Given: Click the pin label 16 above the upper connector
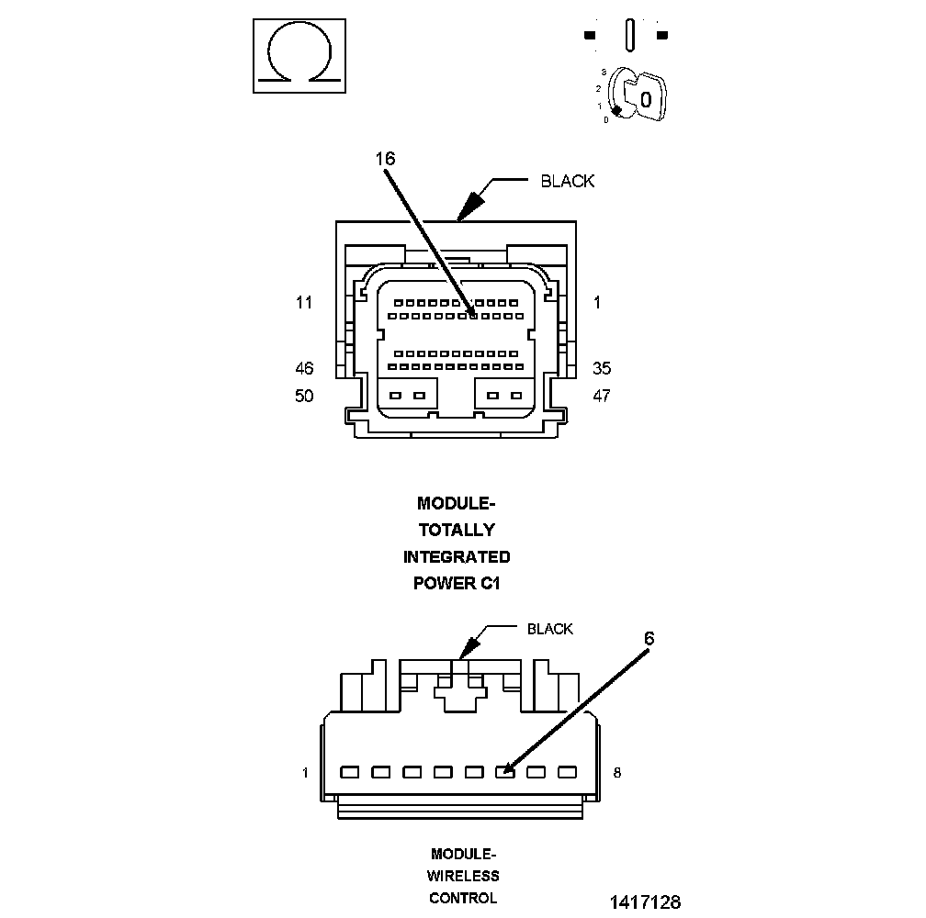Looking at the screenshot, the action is (385, 159).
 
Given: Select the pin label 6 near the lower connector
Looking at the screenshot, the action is (649, 638).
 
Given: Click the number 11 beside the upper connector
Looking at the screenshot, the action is (303, 303).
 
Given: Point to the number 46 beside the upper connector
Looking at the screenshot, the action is (304, 369).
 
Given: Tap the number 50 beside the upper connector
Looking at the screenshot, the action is (304, 396).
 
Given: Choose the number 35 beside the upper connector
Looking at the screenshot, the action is (602, 368).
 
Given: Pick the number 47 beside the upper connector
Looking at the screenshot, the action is (602, 396).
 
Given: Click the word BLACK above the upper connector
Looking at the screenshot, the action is (568, 181).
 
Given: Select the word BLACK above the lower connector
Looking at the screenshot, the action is (549, 629).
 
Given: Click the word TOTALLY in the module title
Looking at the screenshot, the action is (457, 530).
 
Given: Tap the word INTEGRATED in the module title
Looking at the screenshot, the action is (457, 557).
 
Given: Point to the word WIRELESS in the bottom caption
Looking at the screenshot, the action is (463, 876).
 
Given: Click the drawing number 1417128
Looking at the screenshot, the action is (646, 902).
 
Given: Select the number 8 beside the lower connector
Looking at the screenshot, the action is (617, 773).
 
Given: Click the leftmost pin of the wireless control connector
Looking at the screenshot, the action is (350, 772).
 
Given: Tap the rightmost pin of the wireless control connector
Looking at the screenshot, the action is (568, 772).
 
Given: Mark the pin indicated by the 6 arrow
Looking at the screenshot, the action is (505, 772).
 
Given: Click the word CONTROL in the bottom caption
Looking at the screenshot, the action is (463, 898).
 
